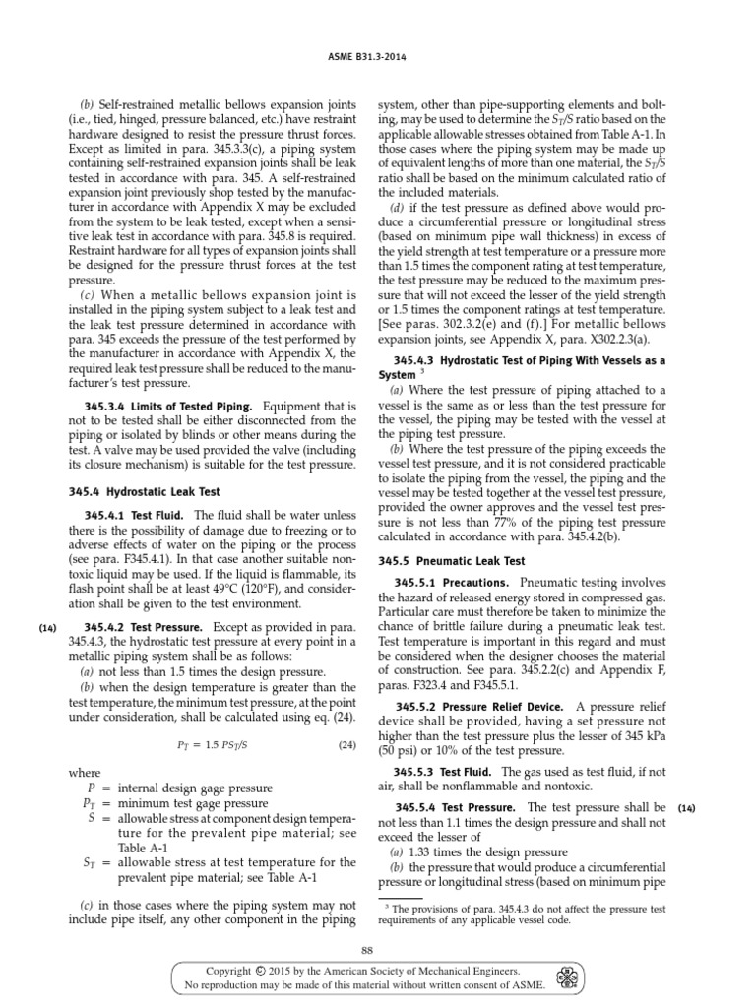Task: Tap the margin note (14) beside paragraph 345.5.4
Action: (686, 808)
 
